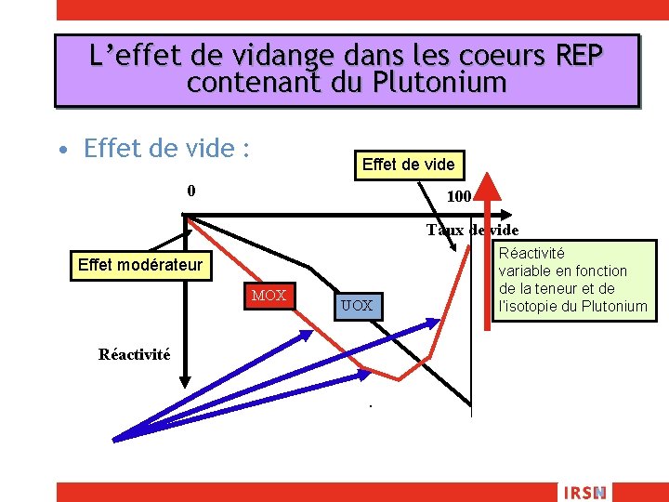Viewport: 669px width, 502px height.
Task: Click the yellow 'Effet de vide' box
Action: pos(408,165)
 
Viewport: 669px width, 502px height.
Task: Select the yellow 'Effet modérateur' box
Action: pos(139,265)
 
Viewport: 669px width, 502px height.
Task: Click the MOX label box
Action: pos(269,296)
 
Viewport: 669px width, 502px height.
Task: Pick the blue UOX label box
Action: pos(356,305)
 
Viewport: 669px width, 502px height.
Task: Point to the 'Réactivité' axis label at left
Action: pos(135,354)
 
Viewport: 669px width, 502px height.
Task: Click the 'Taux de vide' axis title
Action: pos(472,230)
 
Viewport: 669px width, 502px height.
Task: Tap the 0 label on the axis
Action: pos(190,192)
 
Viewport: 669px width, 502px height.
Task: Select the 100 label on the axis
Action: pos(459,197)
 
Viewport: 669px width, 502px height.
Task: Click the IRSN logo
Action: pos(584,492)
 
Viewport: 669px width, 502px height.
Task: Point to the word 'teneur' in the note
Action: pos(559,288)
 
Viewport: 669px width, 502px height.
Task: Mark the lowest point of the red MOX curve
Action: pos(399,378)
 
